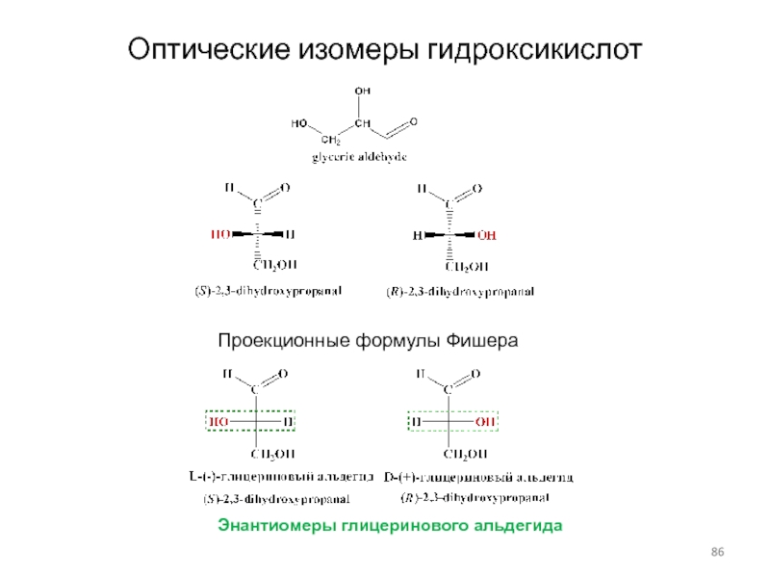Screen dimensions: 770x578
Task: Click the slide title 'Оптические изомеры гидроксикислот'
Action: click(x=385, y=48)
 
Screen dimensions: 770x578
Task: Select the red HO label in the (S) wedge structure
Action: click(x=220, y=234)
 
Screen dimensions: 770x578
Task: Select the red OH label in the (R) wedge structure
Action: click(x=487, y=234)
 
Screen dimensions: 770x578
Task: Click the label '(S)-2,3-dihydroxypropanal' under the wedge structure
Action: click(x=262, y=289)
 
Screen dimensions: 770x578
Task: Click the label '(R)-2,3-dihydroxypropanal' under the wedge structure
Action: click(x=453, y=290)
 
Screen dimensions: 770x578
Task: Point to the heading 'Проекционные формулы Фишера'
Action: click(x=368, y=341)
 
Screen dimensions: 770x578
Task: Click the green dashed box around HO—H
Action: click(x=251, y=421)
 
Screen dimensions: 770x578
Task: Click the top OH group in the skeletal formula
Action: click(x=362, y=92)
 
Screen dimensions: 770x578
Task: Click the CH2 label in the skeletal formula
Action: click(x=330, y=142)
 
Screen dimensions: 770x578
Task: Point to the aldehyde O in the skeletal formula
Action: click(x=414, y=120)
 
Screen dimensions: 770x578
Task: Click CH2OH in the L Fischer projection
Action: click(x=273, y=454)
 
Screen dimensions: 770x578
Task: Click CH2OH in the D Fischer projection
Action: click(x=465, y=454)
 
